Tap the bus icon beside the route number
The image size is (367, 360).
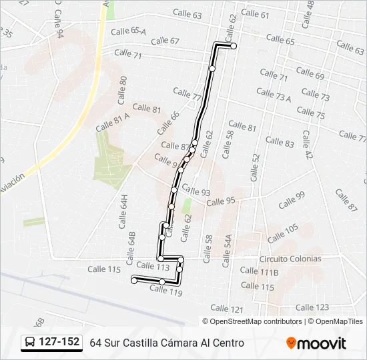[30, 343]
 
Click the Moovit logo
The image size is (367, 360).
[316, 343]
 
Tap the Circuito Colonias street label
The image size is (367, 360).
[290, 259]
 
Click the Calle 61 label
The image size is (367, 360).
[255, 14]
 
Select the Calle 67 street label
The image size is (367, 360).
[165, 41]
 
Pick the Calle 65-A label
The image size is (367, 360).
[129, 31]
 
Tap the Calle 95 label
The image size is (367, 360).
[221, 201]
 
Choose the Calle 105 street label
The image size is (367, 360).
[283, 233]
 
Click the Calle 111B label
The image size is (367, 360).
[259, 272]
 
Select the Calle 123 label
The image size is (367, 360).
[312, 307]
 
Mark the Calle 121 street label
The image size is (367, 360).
[227, 308]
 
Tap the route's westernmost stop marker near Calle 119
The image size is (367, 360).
[134, 281]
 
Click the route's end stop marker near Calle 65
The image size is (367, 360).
[234, 46]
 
